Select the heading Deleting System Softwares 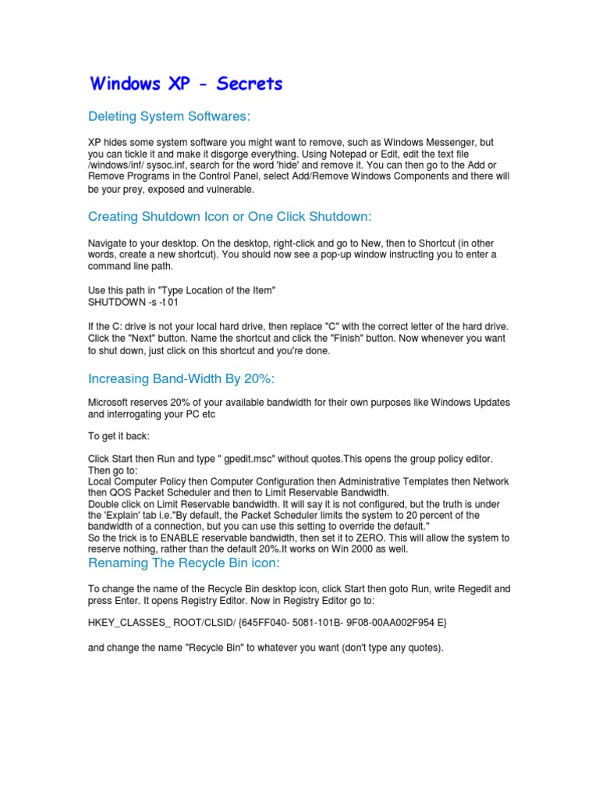click(169, 116)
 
